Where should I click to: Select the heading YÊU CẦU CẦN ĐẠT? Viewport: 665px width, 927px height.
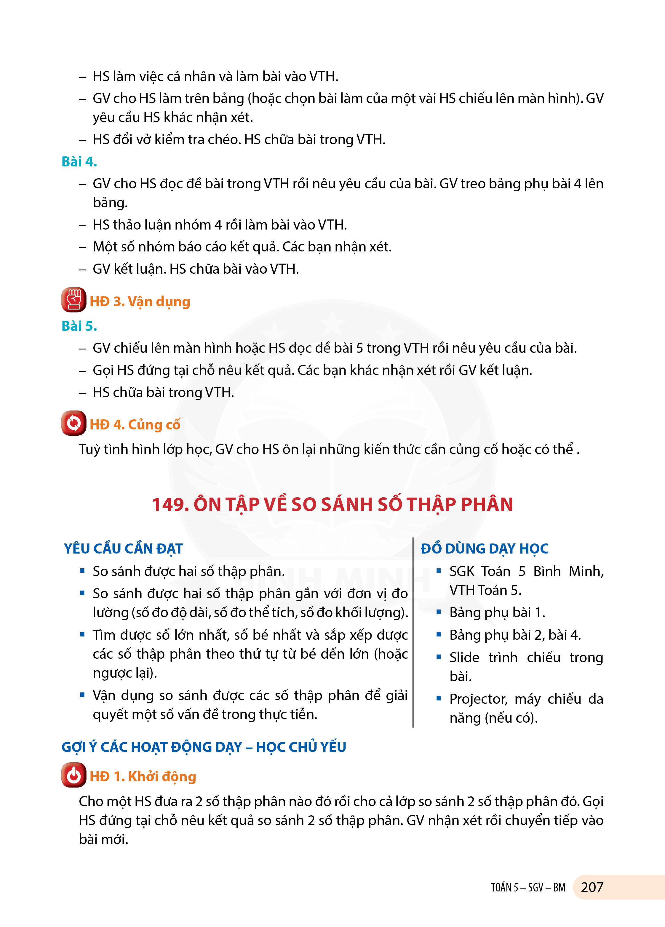pos(124,548)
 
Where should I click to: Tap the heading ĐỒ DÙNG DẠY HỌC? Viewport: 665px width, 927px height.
pos(484,548)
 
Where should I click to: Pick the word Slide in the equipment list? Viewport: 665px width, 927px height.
pos(464,657)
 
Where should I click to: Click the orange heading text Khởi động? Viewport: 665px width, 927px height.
pos(162,776)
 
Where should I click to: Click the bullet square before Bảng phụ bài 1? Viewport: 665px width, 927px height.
pos(439,612)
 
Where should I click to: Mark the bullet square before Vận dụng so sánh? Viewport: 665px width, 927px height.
pos(82,695)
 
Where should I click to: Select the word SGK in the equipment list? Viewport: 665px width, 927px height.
pos(462,571)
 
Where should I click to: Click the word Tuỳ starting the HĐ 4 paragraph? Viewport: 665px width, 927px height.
pos(89,449)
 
